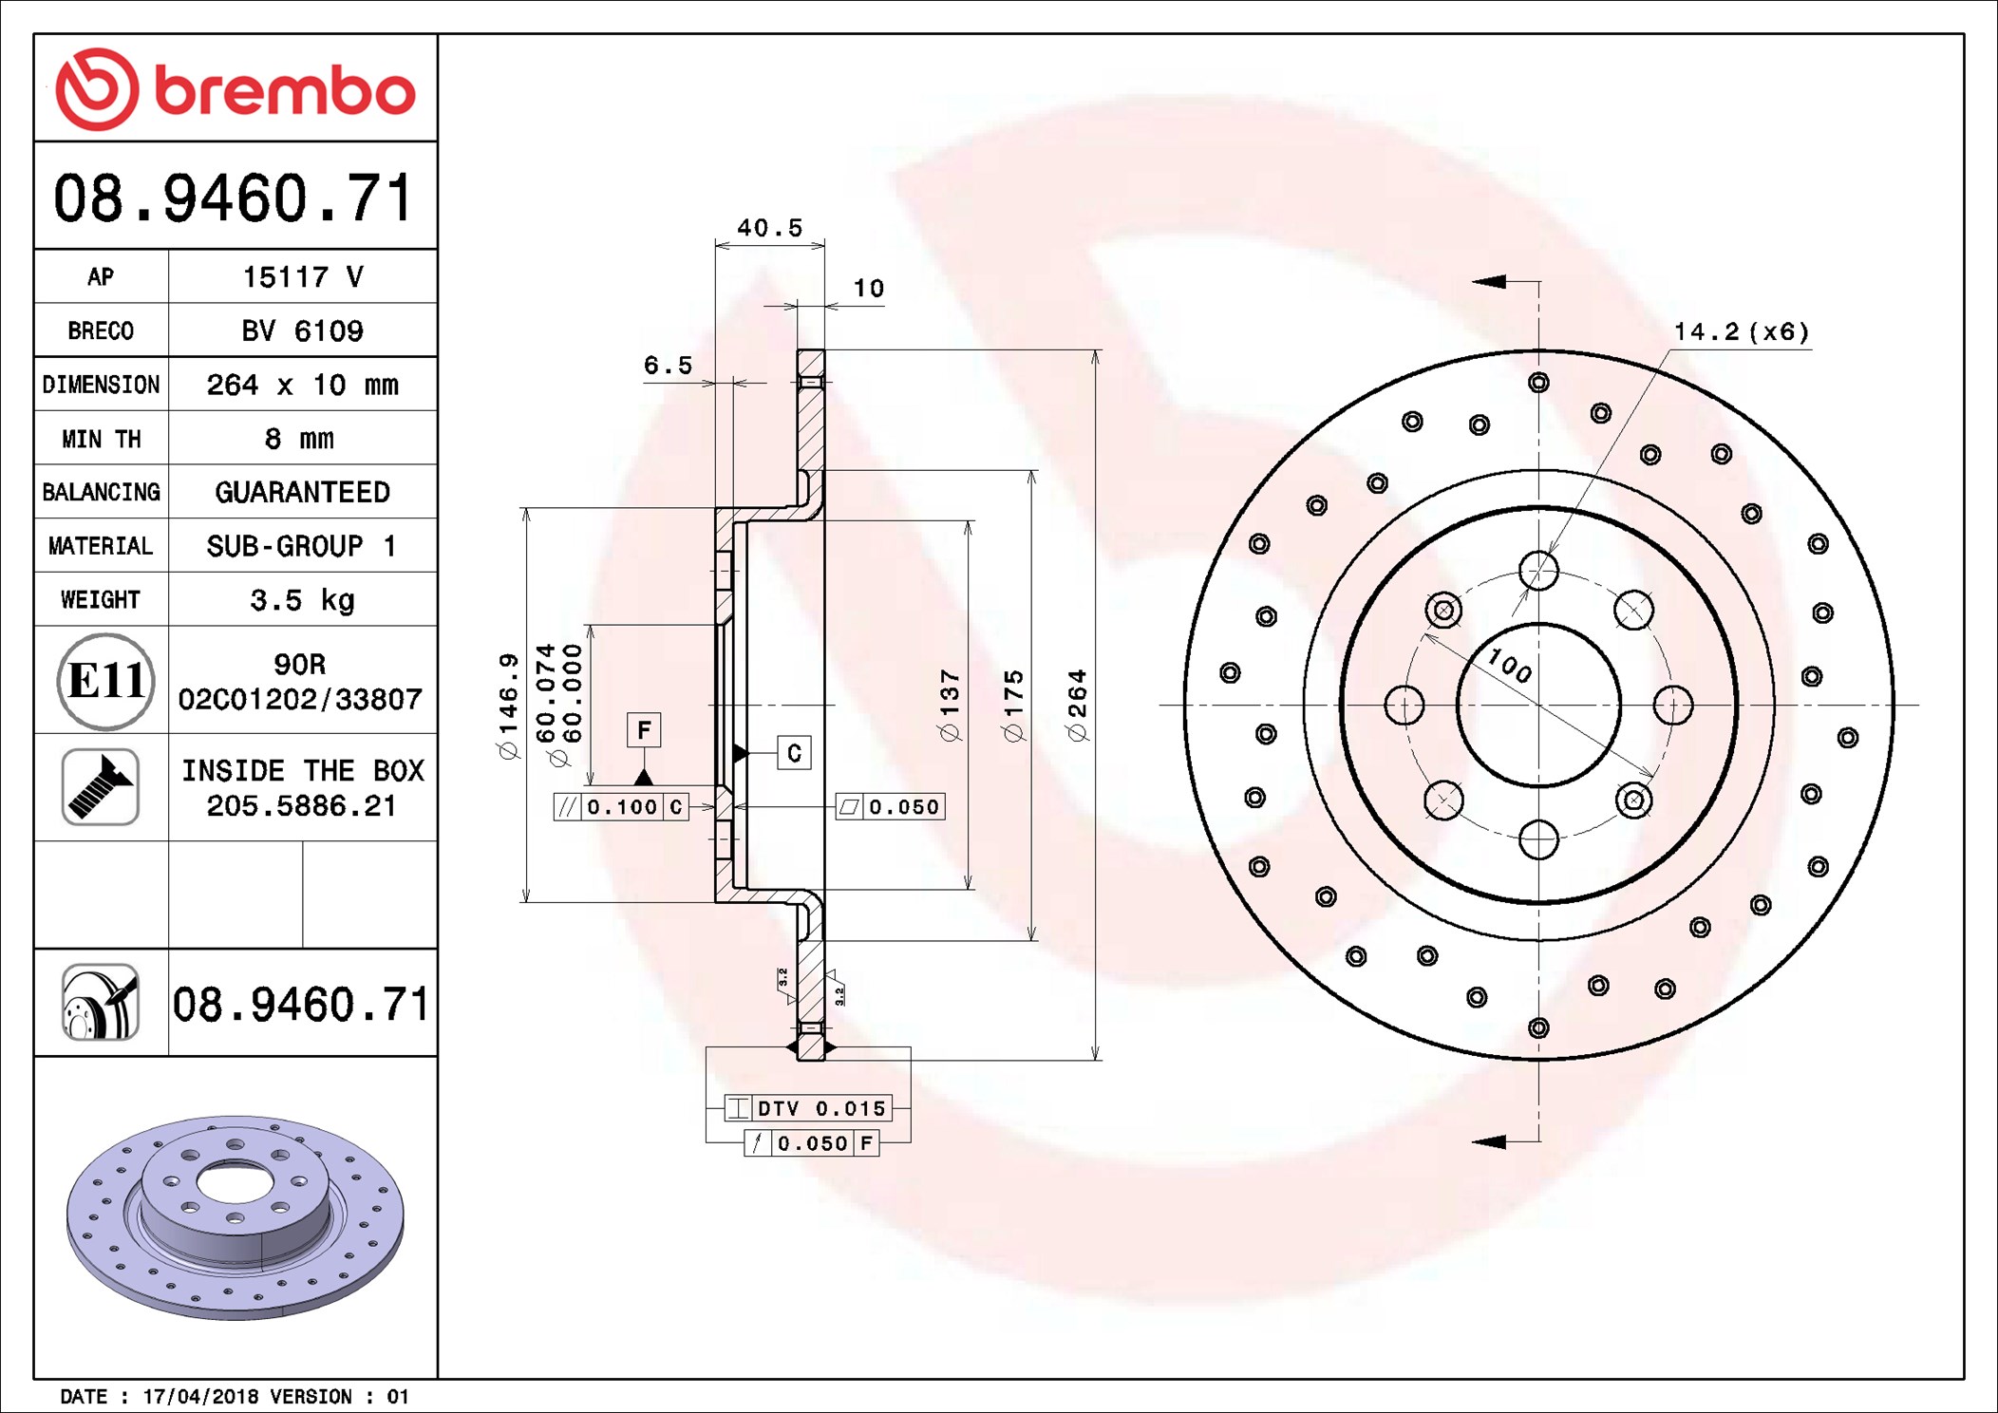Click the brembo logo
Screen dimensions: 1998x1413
click(236, 89)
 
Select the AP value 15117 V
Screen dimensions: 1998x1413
click(303, 277)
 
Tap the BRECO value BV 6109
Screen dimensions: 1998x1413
click(303, 330)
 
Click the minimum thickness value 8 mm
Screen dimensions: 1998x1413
click(299, 439)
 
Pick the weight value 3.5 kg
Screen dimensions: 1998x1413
click(302, 600)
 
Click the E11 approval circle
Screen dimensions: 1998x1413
click(105, 681)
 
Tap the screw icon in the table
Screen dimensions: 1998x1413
click(101, 787)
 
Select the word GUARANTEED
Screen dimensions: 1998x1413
click(302, 492)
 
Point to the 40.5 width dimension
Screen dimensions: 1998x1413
click(770, 228)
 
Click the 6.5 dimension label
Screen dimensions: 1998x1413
click(668, 366)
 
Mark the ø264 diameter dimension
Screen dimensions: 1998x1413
click(1077, 705)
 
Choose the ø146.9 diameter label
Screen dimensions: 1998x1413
click(508, 706)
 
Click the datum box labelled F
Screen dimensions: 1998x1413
click(644, 730)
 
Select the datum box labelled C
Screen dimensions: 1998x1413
click(794, 753)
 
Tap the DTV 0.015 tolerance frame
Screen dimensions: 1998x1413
click(808, 1108)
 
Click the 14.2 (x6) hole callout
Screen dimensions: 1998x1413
click(1742, 332)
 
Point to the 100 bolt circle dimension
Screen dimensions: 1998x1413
click(1510, 665)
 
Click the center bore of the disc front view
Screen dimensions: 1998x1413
click(1538, 705)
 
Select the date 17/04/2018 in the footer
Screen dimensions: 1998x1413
click(200, 1396)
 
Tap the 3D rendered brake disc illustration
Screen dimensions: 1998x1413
click(236, 1217)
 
